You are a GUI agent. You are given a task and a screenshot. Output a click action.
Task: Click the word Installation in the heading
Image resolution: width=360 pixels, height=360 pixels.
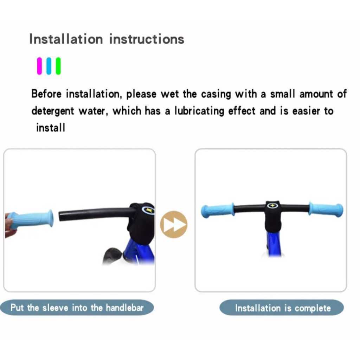pos(66,39)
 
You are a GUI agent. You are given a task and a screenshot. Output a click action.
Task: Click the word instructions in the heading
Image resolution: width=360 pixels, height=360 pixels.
pos(147,39)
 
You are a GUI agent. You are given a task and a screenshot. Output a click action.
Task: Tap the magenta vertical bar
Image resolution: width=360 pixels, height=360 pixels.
pos(39,66)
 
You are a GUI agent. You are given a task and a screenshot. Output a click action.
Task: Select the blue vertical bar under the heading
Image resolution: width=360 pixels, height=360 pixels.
pos(49,66)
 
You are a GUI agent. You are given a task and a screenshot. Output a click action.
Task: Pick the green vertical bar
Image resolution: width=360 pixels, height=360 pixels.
pos(58,66)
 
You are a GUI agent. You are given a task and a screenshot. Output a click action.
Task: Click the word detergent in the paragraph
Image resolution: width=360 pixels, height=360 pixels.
pos(53,111)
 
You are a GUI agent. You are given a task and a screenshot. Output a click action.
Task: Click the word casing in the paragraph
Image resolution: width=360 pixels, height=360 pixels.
pos(216,94)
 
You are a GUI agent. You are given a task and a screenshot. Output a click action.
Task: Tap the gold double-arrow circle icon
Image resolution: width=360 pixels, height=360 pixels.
pos(174,224)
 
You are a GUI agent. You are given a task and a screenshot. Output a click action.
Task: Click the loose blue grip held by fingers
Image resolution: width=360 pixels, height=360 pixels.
pos(31,219)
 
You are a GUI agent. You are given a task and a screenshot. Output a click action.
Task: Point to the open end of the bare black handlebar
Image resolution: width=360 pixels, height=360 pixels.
pos(60,216)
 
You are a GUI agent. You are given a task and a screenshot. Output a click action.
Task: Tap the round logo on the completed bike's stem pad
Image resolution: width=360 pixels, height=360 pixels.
pos(272,205)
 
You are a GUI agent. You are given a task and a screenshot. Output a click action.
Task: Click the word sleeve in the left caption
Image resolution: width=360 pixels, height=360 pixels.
pos(55,308)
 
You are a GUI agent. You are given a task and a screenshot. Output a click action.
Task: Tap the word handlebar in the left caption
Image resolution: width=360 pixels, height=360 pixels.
pos(125,308)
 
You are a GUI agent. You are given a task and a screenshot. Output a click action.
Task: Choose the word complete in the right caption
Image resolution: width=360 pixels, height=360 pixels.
pos(313,308)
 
